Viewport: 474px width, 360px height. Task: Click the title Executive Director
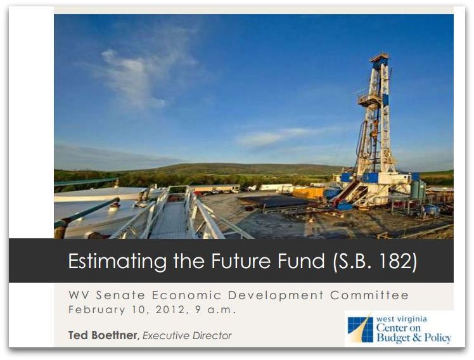coord(187,335)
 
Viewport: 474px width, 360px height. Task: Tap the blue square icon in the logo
coord(360,329)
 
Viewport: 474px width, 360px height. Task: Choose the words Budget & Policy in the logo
coord(414,338)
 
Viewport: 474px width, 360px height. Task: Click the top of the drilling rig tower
coord(380,58)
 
